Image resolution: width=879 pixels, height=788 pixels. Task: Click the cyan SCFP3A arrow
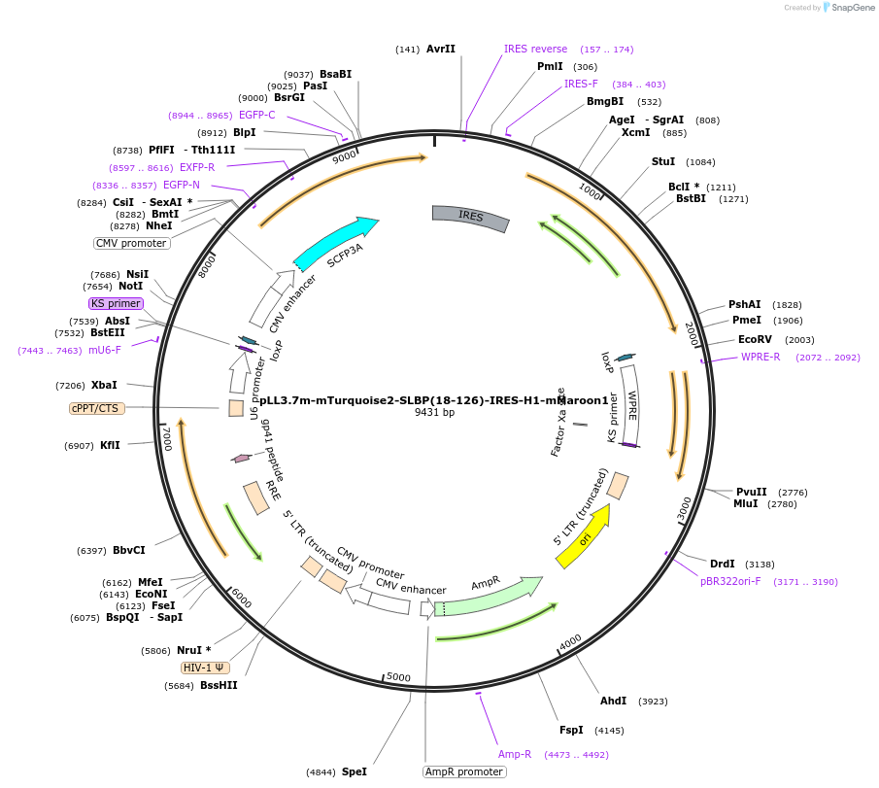[335, 245]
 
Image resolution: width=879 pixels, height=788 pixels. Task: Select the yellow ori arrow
[584, 537]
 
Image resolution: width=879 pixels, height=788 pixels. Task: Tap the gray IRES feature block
[471, 218]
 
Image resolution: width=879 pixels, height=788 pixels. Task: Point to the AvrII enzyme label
[441, 49]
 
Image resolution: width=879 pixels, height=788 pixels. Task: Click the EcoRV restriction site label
[755, 340]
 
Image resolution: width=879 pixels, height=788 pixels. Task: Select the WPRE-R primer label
[761, 357]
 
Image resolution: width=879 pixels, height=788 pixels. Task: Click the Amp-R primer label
[515, 754]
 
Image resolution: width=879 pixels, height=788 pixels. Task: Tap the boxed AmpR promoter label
[464, 771]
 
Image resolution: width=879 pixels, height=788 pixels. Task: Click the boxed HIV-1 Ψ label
[206, 668]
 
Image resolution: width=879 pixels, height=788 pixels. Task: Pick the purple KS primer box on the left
[117, 303]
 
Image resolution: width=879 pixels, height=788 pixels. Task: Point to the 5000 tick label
[398, 676]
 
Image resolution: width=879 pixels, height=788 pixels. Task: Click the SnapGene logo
[848, 8]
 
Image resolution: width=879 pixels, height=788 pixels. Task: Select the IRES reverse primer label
[535, 49]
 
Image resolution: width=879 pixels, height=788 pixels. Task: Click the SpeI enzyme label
[355, 771]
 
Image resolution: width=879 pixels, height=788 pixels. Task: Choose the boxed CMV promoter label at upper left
[131, 243]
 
